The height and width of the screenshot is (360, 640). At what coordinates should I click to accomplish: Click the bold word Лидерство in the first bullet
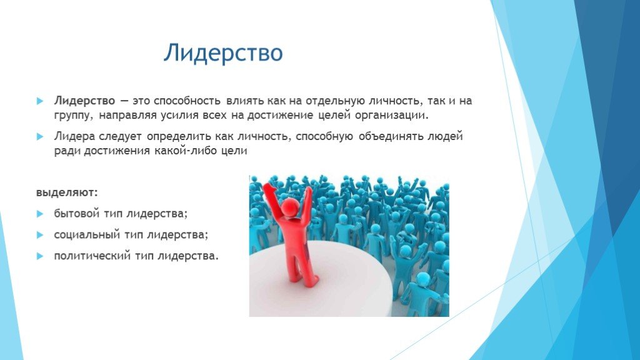coord(84,101)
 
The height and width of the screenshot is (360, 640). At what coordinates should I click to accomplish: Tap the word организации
coord(392,116)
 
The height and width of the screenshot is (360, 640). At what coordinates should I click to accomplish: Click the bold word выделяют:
coord(67,192)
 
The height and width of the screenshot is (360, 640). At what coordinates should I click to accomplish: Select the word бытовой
coord(77,214)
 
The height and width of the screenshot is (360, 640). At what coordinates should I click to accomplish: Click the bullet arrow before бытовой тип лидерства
coord(39,214)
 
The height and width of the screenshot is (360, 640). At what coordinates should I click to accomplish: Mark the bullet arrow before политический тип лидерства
coord(39,256)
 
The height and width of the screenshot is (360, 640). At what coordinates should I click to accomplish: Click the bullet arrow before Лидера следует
coord(39,136)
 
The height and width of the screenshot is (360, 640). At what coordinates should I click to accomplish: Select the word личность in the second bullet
coord(264,136)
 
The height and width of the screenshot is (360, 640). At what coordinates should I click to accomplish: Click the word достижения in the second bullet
coord(117,151)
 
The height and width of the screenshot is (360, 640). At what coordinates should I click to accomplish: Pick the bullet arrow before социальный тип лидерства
coord(39,235)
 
